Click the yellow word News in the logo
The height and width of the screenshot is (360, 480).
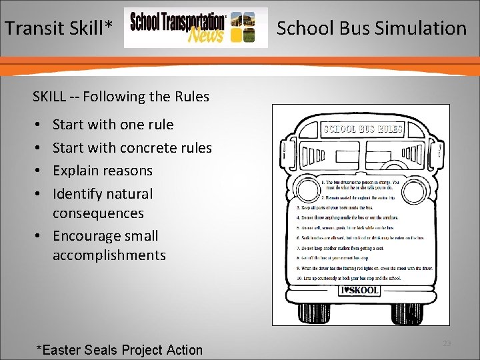[x=205, y=34]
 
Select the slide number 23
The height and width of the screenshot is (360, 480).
[x=447, y=343]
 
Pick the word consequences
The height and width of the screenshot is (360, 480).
[x=98, y=213]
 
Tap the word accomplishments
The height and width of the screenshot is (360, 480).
[x=109, y=255]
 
